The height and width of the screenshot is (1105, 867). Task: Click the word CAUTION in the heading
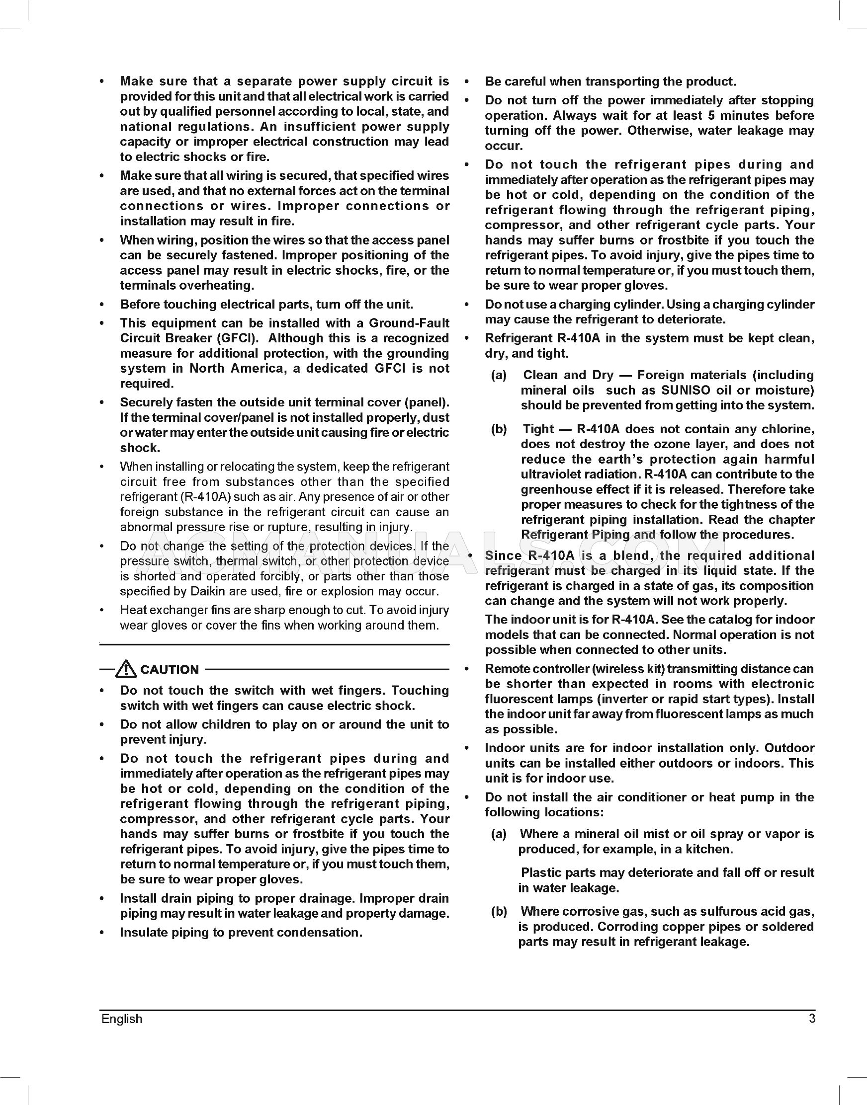point(170,670)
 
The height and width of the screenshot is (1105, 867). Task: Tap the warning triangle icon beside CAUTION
point(125,669)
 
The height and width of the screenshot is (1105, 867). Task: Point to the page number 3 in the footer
point(812,1019)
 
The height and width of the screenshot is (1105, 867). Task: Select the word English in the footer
point(122,1019)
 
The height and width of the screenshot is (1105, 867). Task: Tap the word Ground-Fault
point(409,323)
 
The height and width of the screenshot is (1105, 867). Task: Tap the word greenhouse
point(554,489)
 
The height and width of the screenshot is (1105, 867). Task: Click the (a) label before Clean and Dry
point(499,375)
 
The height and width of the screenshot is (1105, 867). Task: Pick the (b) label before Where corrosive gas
point(499,911)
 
